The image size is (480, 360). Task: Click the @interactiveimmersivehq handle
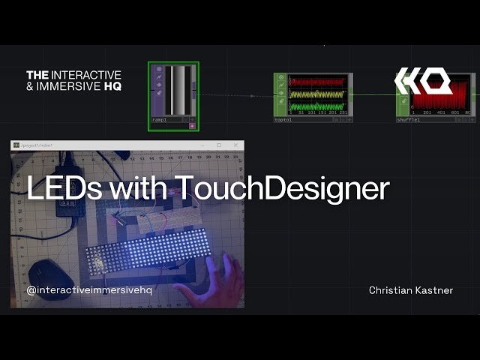tap(89, 290)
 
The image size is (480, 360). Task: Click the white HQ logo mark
tap(423, 80)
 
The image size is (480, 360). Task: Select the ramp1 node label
tap(160, 119)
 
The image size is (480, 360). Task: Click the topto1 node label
tap(283, 119)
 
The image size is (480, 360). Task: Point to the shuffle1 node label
tap(408, 119)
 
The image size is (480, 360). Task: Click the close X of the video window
tap(235, 145)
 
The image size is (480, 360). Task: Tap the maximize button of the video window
tap(219, 145)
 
